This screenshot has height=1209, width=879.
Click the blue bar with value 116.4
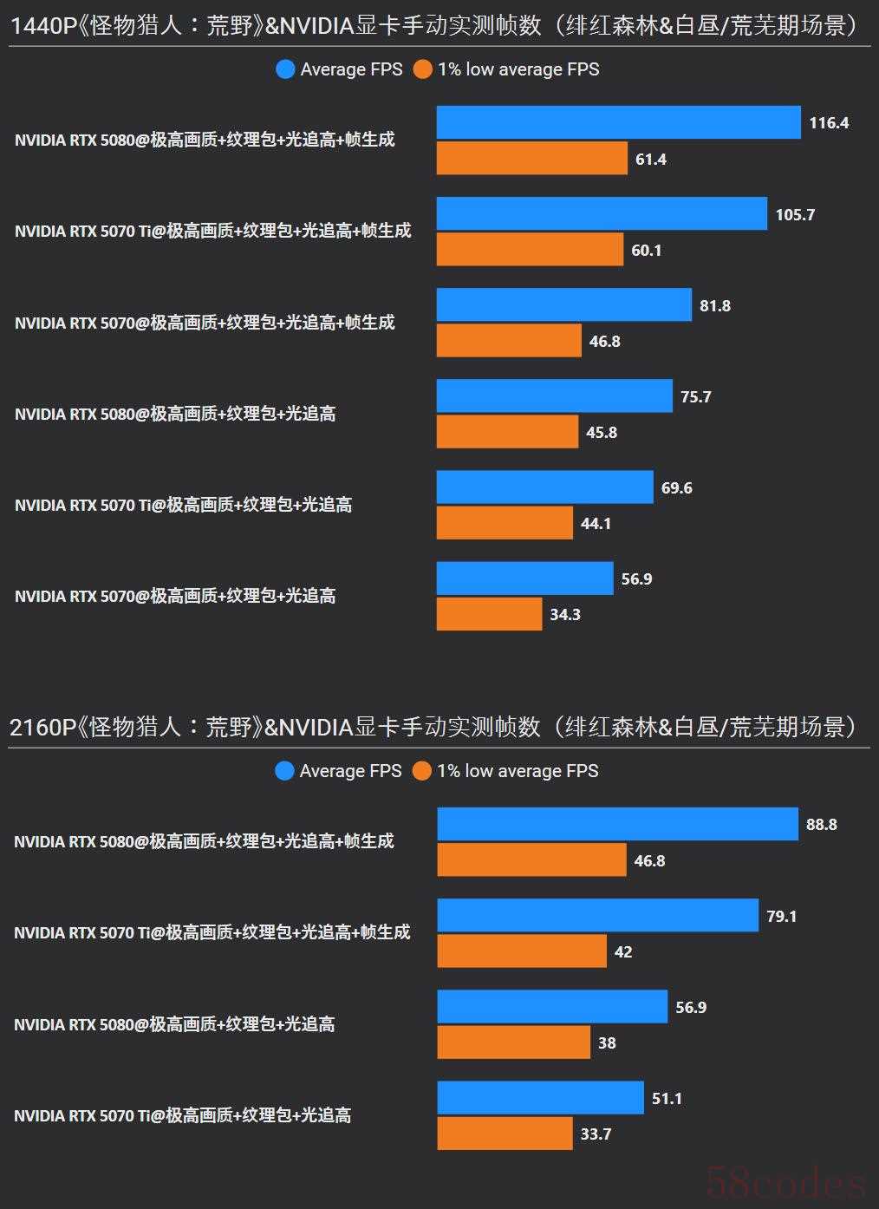point(618,122)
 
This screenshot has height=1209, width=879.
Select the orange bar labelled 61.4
point(531,159)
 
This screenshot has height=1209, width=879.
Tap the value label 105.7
point(795,214)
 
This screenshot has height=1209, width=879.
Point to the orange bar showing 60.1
point(530,250)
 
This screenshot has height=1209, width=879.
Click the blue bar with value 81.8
point(563,305)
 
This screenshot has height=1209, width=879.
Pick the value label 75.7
point(696,396)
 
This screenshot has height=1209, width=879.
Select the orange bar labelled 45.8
point(507,432)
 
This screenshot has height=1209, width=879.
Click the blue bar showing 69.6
point(544,487)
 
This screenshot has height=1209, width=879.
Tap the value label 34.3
point(565,614)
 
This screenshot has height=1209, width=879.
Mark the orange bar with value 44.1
point(505,523)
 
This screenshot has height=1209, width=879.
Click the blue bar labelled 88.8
point(617,824)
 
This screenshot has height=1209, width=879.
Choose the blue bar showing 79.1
point(597,915)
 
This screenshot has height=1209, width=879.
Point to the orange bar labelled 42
point(522,951)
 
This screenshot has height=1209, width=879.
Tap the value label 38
point(607,1042)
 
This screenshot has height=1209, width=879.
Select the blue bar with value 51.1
point(540,1098)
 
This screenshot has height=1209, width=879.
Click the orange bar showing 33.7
point(505,1134)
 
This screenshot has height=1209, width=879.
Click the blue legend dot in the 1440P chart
point(285,69)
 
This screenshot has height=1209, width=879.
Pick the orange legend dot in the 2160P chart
point(422,771)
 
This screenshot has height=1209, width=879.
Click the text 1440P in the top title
point(42,26)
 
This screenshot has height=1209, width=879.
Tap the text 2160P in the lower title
point(42,727)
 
